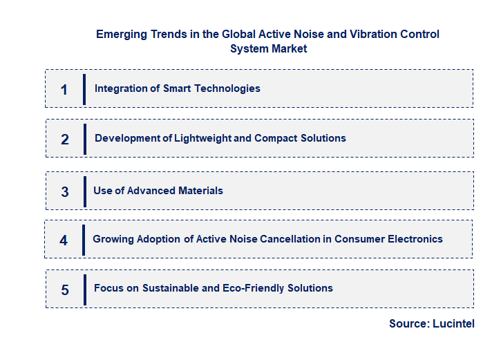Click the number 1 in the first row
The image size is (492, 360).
click(64, 90)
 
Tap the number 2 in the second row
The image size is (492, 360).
click(65, 140)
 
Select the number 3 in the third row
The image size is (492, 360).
click(65, 192)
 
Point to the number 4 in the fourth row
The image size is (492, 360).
click(64, 240)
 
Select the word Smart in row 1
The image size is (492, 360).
click(178, 88)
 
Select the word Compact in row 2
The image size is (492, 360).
click(276, 138)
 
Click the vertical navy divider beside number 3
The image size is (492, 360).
click(84, 191)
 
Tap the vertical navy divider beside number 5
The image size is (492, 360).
click(84, 289)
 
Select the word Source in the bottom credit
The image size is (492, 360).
click(408, 323)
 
